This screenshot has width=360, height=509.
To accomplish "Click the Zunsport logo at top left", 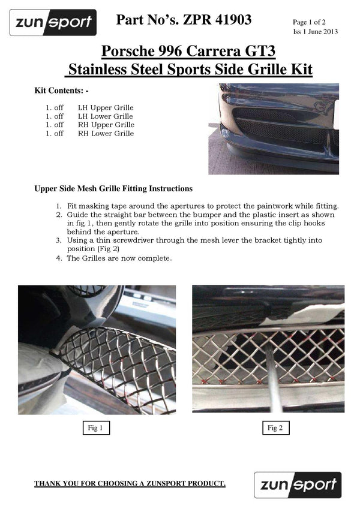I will coord(53,23).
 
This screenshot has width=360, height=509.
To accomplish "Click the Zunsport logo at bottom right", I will coord(298,485).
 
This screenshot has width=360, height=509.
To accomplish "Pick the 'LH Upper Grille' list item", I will coord(106,107).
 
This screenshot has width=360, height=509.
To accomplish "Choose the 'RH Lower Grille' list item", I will coord(106,133).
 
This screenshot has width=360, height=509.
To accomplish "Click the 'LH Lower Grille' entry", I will coord(106,116).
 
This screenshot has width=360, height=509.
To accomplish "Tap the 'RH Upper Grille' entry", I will coord(106,125).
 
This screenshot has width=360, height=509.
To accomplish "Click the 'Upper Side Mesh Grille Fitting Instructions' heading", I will coord(113,189).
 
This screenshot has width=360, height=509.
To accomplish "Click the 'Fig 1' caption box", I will coord(95,428).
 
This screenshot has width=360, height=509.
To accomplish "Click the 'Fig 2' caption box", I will coord(275,428).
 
